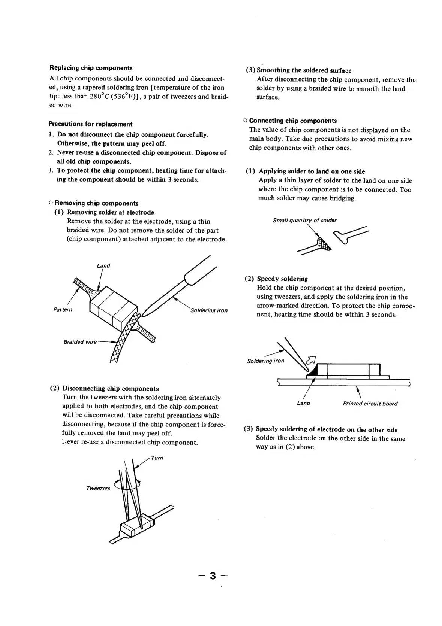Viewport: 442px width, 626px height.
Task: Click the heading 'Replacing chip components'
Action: [91, 68]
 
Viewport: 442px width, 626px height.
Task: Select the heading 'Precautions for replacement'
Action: [90, 124]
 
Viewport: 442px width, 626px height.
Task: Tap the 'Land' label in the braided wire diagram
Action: [103, 266]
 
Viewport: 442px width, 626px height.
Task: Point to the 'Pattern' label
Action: [63, 310]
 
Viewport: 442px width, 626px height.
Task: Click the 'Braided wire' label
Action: [80, 342]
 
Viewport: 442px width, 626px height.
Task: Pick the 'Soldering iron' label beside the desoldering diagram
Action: [209, 310]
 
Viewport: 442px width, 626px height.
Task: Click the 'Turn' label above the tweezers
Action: [157, 458]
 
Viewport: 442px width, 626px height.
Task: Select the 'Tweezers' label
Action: [98, 488]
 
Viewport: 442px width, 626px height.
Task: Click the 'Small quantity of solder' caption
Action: [305, 221]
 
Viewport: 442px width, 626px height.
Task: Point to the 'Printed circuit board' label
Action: [370, 404]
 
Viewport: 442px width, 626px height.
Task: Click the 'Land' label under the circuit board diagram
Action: [303, 403]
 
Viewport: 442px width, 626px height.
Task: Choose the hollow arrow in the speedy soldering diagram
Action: [312, 360]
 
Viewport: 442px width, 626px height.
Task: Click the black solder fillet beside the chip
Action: [313, 371]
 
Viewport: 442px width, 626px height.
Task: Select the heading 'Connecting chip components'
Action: [293, 121]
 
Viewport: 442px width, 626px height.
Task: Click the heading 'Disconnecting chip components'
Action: [111, 389]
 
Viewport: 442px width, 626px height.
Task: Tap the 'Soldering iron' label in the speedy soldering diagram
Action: [265, 361]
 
